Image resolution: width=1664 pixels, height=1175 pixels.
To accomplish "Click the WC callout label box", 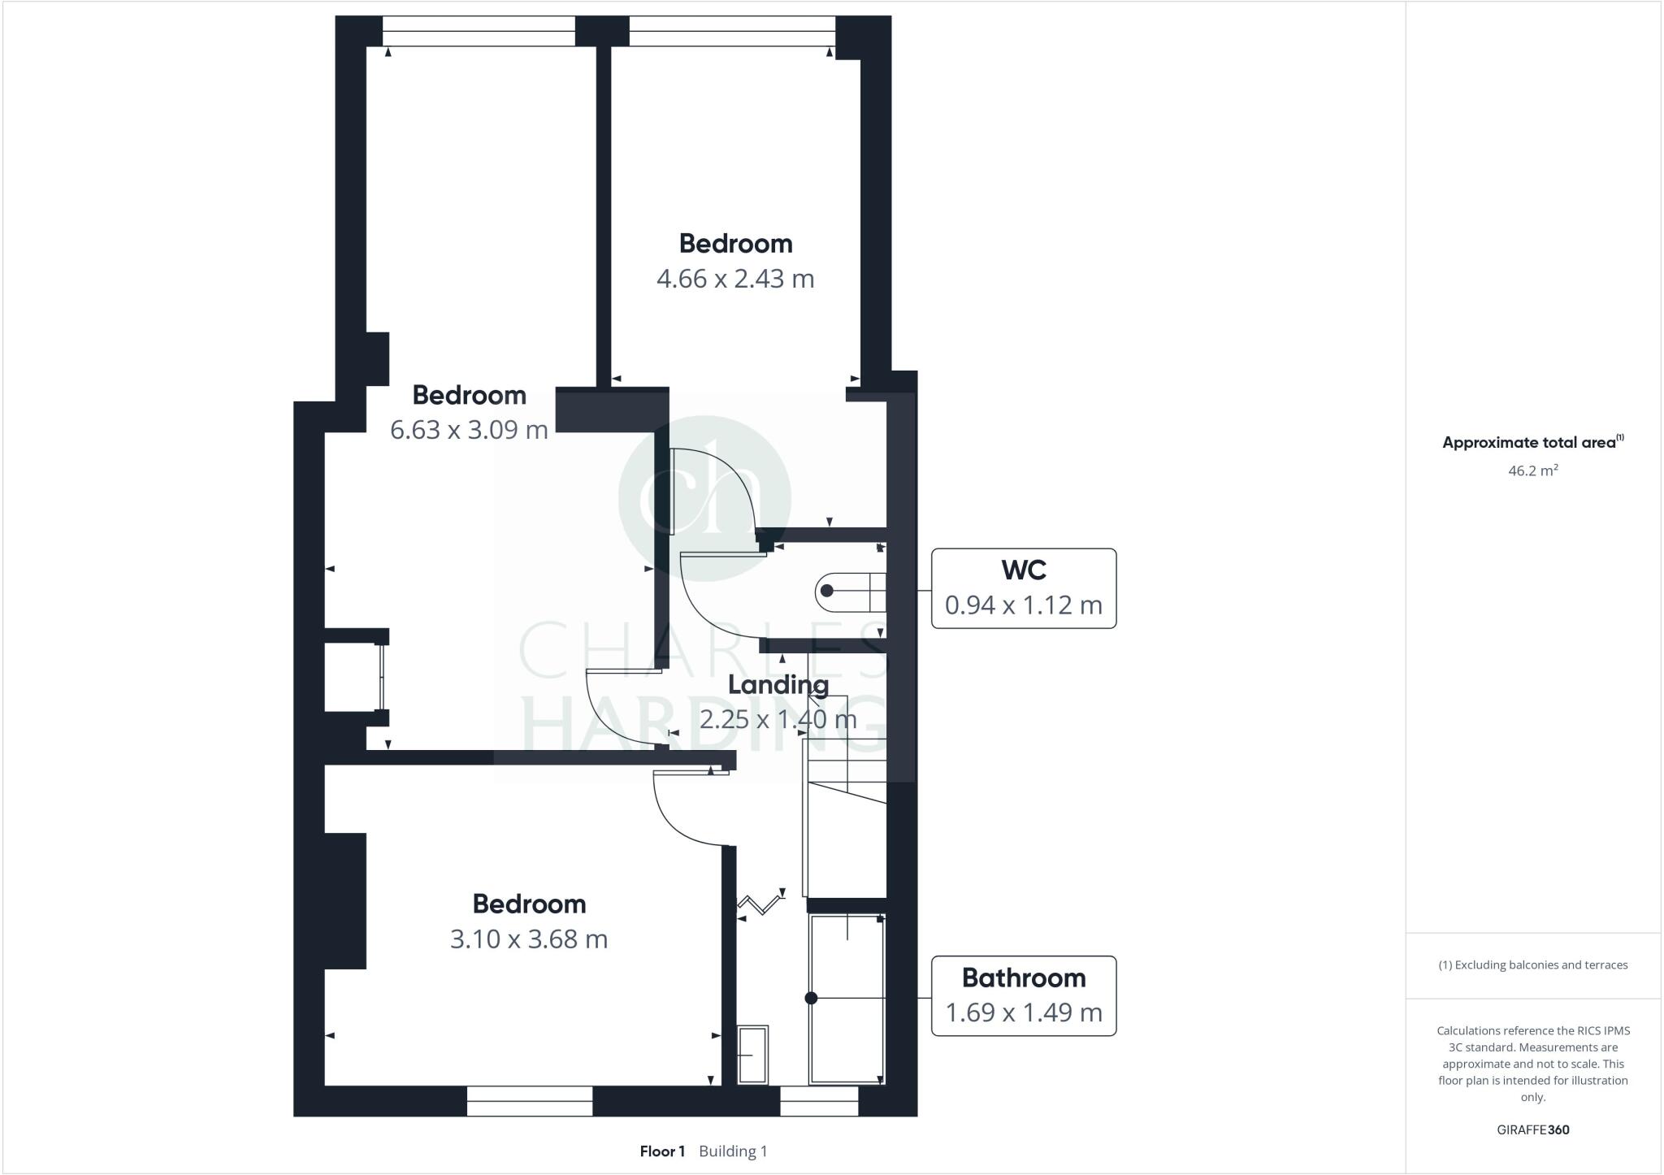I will [x=1023, y=588].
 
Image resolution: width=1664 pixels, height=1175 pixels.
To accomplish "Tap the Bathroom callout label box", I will [x=1023, y=995].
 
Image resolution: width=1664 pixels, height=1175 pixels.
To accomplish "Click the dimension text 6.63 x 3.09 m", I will [x=469, y=430].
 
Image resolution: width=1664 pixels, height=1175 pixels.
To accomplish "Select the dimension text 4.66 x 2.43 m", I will [x=734, y=279].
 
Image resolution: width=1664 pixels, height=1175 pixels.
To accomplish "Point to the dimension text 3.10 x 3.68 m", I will [x=529, y=939].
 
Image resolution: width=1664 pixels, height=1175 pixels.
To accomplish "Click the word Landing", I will [x=778, y=685].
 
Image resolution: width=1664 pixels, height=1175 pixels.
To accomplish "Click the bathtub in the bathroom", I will [x=847, y=999].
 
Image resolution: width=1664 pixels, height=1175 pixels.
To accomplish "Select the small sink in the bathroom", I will [x=752, y=1054].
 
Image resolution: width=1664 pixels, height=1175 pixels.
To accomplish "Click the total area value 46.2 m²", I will [x=1532, y=470].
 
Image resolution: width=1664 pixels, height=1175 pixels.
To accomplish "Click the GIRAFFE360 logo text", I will [x=1532, y=1129].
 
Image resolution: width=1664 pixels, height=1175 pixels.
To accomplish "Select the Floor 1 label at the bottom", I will [x=662, y=1151].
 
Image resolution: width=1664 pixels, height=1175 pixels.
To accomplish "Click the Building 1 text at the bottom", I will [x=733, y=1151].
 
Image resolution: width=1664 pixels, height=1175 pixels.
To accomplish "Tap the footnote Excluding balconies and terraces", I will [x=1532, y=965].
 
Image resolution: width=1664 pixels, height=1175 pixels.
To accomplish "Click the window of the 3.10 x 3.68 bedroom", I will [x=530, y=1101].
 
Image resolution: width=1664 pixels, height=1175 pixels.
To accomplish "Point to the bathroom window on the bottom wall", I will [x=819, y=1101].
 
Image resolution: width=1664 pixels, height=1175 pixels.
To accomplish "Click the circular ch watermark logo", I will [x=704, y=497].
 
